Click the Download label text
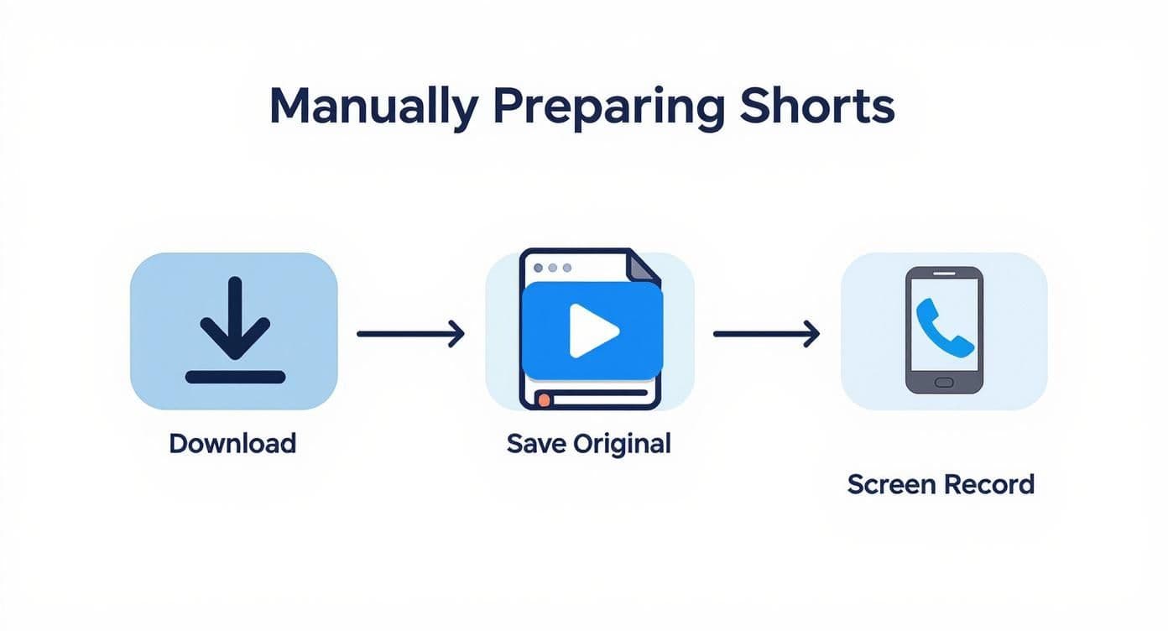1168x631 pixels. (x=232, y=443)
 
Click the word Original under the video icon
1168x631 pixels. (x=622, y=443)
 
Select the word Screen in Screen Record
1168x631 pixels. (x=891, y=484)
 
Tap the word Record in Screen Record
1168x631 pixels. (x=989, y=484)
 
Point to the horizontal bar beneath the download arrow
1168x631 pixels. (x=235, y=377)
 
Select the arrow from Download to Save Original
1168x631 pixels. (x=410, y=334)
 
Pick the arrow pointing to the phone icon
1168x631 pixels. (x=766, y=334)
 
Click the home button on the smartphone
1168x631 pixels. (x=944, y=382)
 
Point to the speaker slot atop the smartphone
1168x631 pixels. (x=944, y=274)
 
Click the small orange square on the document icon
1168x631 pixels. (x=544, y=400)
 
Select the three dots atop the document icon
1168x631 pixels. (x=553, y=268)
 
